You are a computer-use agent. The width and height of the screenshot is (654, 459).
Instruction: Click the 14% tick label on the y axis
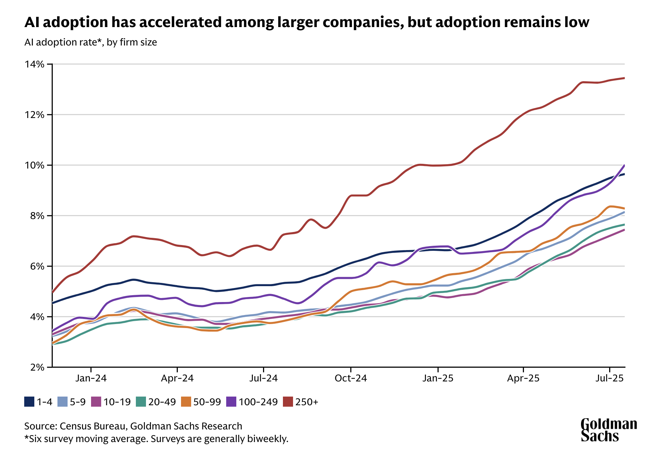[x=34, y=64]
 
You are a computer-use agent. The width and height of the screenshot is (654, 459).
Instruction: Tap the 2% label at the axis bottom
[x=37, y=367]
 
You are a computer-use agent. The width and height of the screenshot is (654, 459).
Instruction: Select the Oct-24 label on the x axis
[x=351, y=379]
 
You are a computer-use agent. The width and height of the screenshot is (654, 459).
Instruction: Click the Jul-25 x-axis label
[x=610, y=379]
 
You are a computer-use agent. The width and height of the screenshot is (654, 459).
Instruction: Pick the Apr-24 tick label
[x=177, y=379]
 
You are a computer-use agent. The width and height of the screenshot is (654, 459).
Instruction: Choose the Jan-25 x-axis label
[x=438, y=379]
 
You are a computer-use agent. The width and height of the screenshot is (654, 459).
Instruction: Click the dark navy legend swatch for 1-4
[x=29, y=402]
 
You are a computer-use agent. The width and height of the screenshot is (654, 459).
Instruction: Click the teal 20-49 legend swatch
[x=141, y=402]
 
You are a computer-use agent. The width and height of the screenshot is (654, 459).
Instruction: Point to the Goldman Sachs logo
[x=609, y=430]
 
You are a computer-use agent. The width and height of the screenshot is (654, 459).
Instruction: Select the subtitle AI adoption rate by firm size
[x=91, y=42]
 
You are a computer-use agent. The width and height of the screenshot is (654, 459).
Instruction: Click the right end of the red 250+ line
[x=625, y=78]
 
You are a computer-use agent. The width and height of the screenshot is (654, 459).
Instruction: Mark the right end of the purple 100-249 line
[x=625, y=165]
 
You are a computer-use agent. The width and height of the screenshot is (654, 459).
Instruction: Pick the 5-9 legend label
[x=78, y=402]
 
